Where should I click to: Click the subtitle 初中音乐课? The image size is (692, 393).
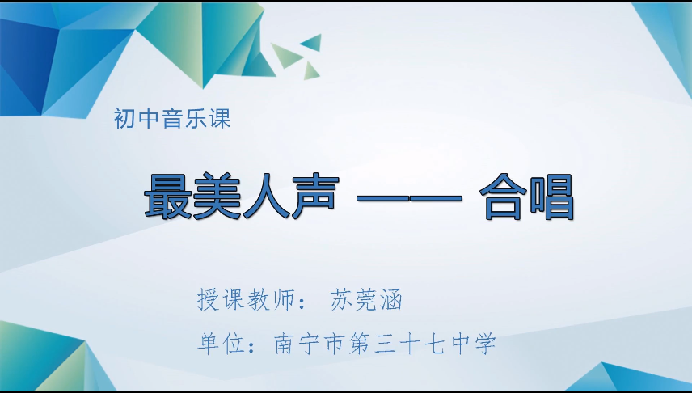pos(173,120)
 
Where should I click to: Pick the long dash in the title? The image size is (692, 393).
pos(408,198)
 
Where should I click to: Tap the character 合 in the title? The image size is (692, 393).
pos(502,196)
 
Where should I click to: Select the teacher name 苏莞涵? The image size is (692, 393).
pos(366,300)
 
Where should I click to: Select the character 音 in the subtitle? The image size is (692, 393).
pos(173,120)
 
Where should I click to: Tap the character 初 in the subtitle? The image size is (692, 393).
pos(125,120)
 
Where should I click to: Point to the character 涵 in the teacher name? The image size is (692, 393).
pos(391,300)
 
